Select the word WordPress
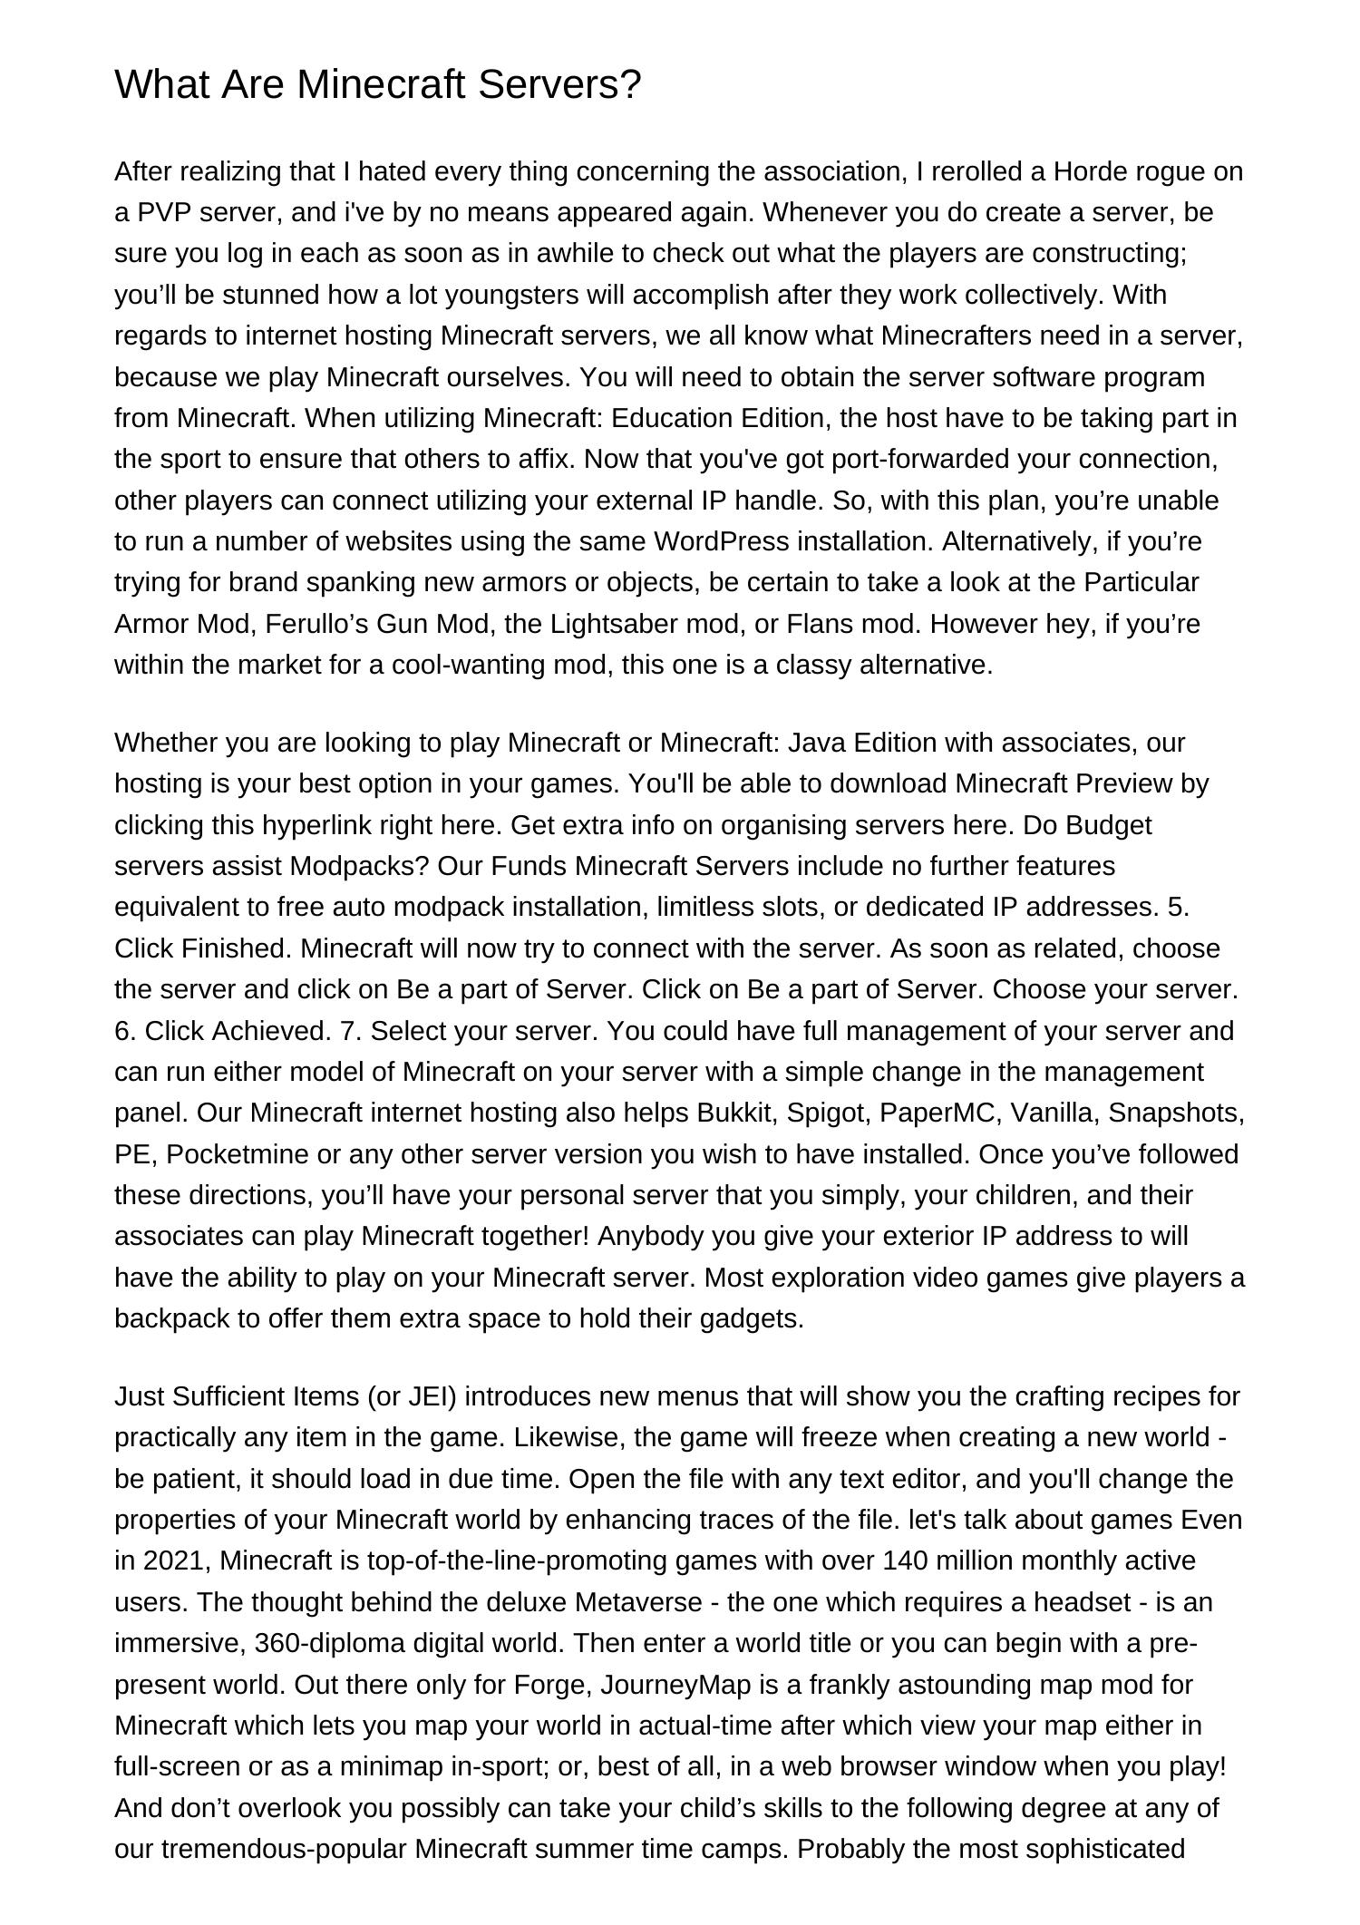click(722, 541)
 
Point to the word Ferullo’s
click(303, 624)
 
